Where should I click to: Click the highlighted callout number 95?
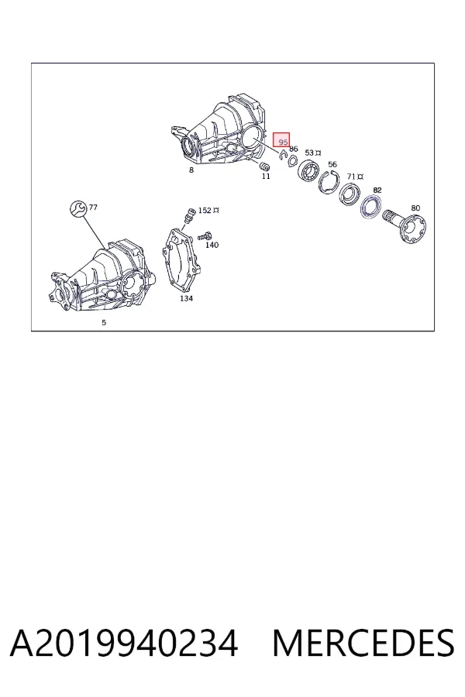tap(283, 142)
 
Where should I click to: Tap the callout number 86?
tap(293, 149)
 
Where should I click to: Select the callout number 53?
tap(309, 153)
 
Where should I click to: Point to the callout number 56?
tap(332, 164)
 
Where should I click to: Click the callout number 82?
tap(377, 191)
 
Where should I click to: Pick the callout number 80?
tap(415, 208)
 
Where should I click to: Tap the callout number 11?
tap(266, 177)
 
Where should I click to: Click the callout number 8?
tap(191, 170)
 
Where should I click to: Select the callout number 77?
tap(93, 207)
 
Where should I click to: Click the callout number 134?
tap(186, 298)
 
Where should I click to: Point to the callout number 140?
tap(212, 245)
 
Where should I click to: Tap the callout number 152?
tap(205, 210)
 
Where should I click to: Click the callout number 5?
tap(104, 323)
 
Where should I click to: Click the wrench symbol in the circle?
tap(77, 208)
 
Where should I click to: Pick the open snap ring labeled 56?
tap(322, 180)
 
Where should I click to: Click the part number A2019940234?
tap(124, 643)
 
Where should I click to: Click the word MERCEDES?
tap(363, 643)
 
